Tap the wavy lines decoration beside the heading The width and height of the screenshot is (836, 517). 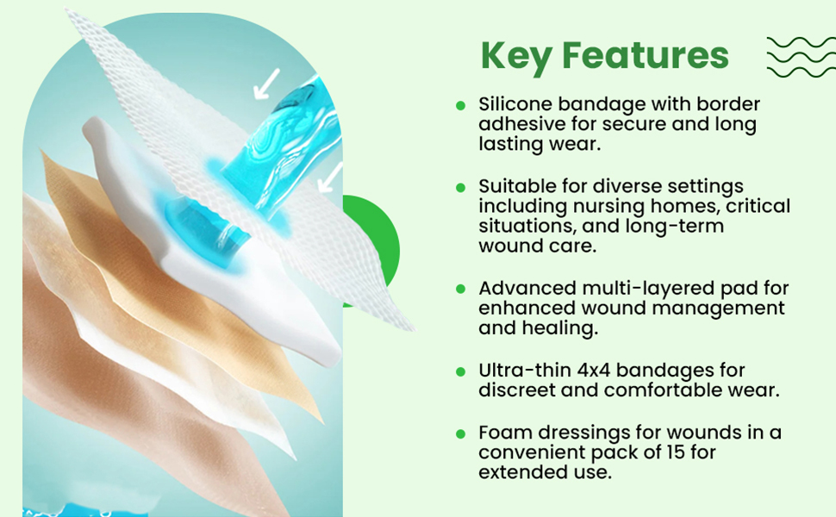801,57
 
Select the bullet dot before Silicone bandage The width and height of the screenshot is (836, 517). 460,105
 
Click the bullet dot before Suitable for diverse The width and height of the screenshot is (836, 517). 460,188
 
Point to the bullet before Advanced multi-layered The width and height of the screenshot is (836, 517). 460,290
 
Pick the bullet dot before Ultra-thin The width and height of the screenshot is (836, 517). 460,371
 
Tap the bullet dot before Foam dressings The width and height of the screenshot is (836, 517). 460,434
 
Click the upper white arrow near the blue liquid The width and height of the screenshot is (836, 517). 266,84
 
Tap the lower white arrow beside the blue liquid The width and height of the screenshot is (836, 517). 330,178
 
